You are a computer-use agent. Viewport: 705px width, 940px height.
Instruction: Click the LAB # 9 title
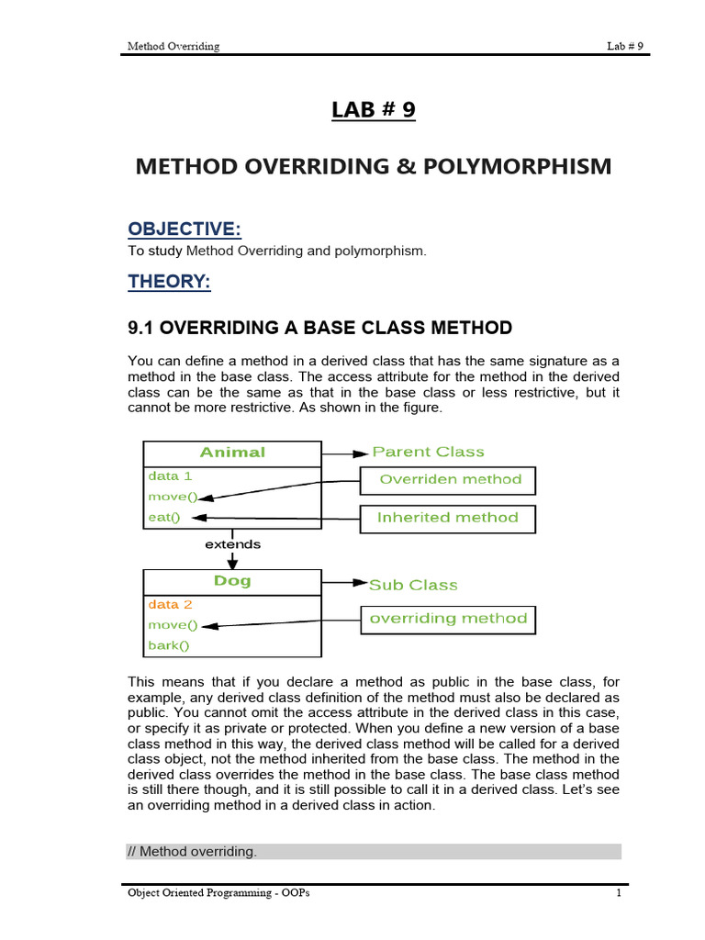point(373,110)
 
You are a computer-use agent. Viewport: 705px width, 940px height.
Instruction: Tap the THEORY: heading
point(169,282)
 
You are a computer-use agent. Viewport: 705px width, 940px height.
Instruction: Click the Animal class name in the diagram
point(232,452)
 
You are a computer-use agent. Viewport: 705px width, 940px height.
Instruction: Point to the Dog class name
point(232,581)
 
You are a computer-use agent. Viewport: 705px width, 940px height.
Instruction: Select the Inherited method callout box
point(447,519)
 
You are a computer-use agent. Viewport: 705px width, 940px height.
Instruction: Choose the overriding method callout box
point(447,620)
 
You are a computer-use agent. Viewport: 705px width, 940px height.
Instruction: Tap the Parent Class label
point(428,452)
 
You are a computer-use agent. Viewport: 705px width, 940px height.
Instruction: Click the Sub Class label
point(413,585)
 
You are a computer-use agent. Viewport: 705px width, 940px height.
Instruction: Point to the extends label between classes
point(232,544)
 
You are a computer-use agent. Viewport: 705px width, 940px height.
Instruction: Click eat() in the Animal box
point(164,518)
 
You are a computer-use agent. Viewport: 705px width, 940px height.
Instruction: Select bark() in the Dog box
point(168,645)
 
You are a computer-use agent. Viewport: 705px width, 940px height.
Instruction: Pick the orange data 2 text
point(170,605)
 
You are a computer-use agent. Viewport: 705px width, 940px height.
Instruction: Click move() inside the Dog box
point(173,625)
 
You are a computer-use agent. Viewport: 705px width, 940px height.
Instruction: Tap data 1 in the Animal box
point(170,476)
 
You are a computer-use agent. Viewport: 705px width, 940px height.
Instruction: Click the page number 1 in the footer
point(619,894)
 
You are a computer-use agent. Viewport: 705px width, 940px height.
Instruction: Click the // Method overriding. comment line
point(192,852)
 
